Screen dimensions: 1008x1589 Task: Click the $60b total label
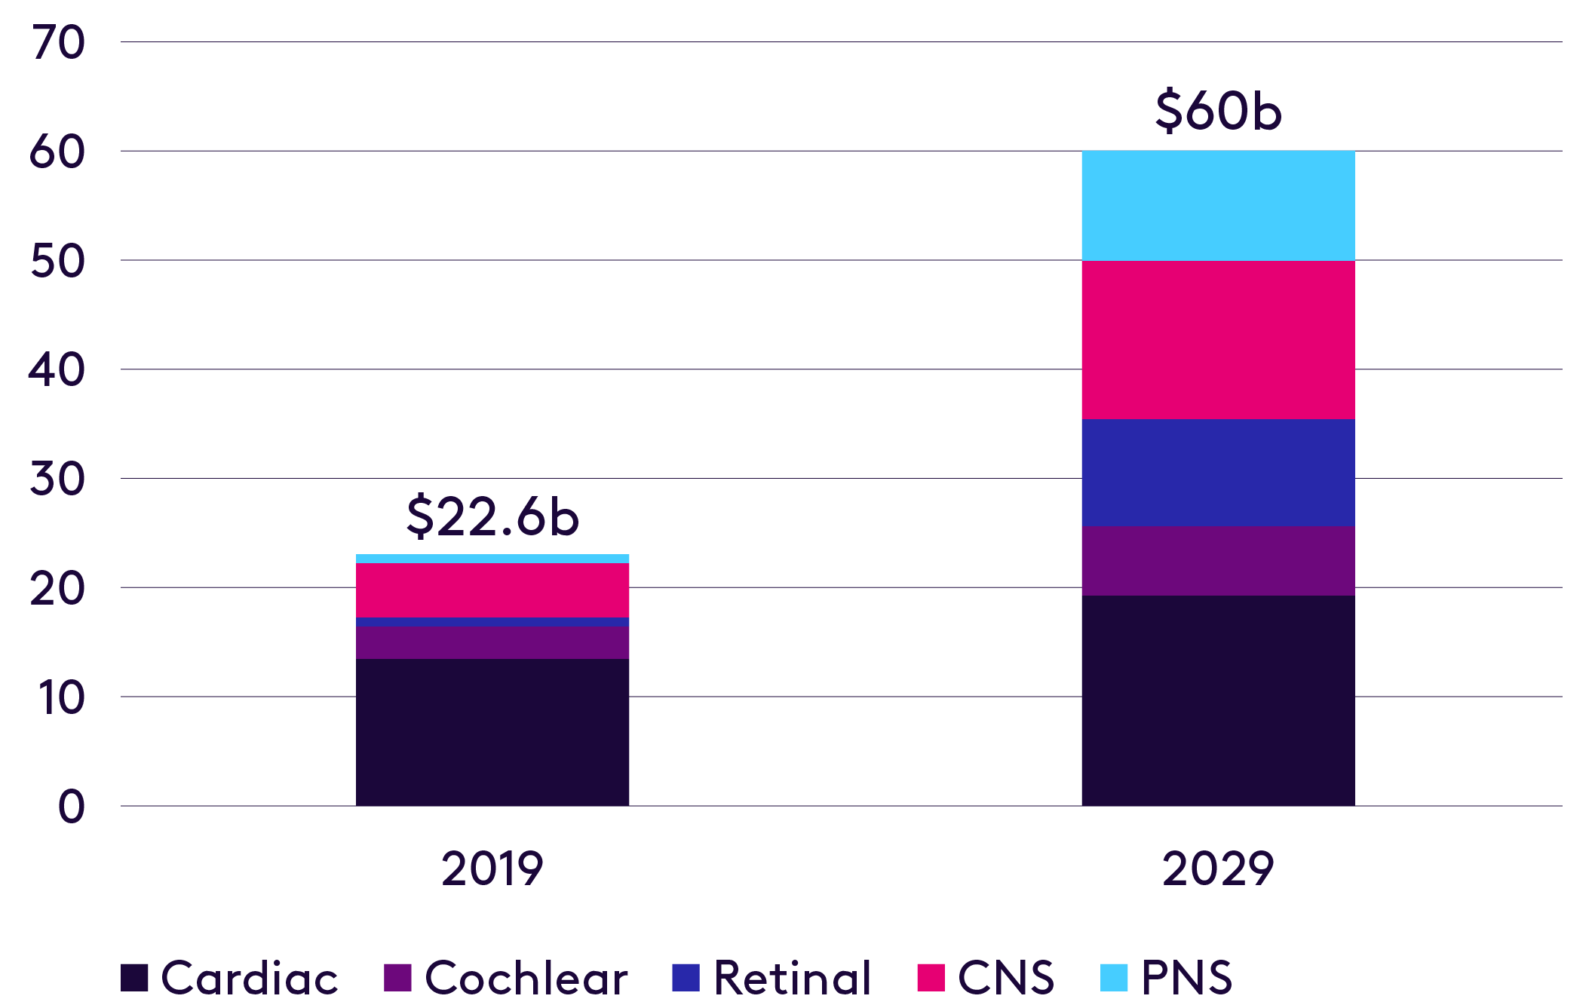[x=1217, y=111]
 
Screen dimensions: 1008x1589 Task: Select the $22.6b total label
[x=492, y=517]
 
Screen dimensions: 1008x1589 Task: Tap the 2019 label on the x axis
[x=492, y=869]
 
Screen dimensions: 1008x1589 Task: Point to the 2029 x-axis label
[x=1217, y=869]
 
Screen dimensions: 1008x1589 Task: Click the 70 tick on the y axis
[x=58, y=42]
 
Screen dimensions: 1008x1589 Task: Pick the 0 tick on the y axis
[x=72, y=807]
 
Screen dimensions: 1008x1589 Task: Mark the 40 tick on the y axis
[x=57, y=370]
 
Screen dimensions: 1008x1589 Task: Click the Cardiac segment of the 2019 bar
[x=492, y=731]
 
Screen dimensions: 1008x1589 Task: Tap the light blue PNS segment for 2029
[x=1218, y=205]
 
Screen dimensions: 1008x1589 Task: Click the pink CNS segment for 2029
[x=1218, y=339]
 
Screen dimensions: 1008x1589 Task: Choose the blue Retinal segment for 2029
[x=1218, y=472]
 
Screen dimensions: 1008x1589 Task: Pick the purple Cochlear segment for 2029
[x=1218, y=560]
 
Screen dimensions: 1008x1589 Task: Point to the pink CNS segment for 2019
[x=492, y=590]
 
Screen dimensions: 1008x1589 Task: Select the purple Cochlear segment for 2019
[x=492, y=642]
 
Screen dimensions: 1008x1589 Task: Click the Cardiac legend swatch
[x=134, y=978]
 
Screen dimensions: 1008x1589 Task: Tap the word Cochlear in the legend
[x=526, y=978]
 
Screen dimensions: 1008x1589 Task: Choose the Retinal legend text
[x=792, y=978]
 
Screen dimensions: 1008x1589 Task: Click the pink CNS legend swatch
[x=931, y=978]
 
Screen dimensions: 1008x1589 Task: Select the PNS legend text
[x=1186, y=978]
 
